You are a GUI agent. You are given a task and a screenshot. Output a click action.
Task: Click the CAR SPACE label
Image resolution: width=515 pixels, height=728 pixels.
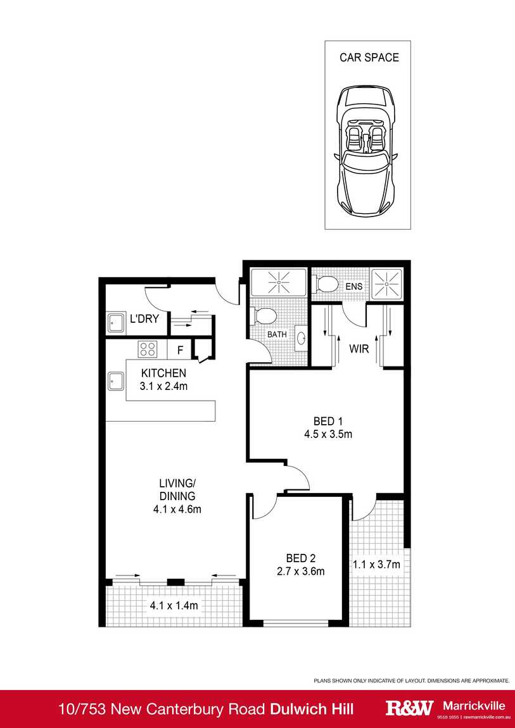tap(369, 58)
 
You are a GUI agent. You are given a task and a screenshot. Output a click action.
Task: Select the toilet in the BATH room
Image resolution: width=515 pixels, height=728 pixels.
tap(264, 315)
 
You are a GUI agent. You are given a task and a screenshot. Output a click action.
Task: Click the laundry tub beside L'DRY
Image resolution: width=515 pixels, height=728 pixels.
tap(115, 323)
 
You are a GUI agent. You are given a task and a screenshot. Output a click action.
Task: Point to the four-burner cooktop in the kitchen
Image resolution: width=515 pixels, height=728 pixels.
tap(148, 348)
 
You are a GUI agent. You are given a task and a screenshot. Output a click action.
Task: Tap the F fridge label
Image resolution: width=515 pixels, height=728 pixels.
tap(180, 349)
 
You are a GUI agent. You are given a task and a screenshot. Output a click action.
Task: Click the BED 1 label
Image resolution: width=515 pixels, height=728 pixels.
tap(327, 421)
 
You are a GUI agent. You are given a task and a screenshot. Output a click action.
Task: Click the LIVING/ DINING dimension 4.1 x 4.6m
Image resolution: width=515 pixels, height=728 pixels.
tap(177, 509)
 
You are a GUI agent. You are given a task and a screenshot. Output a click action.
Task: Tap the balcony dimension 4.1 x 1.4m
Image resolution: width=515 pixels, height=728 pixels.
tap(174, 606)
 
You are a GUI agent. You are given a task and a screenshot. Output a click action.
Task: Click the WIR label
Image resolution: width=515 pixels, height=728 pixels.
tap(359, 348)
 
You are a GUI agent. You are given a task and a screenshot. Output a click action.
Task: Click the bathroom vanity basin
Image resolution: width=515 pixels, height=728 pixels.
tap(301, 337)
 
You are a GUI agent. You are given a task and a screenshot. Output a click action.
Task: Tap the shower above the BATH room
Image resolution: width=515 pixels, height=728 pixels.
tap(277, 281)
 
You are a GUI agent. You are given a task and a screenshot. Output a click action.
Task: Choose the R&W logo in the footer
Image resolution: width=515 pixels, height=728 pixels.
tap(410, 707)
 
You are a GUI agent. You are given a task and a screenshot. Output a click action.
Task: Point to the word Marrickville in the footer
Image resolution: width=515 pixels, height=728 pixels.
tap(473, 705)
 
